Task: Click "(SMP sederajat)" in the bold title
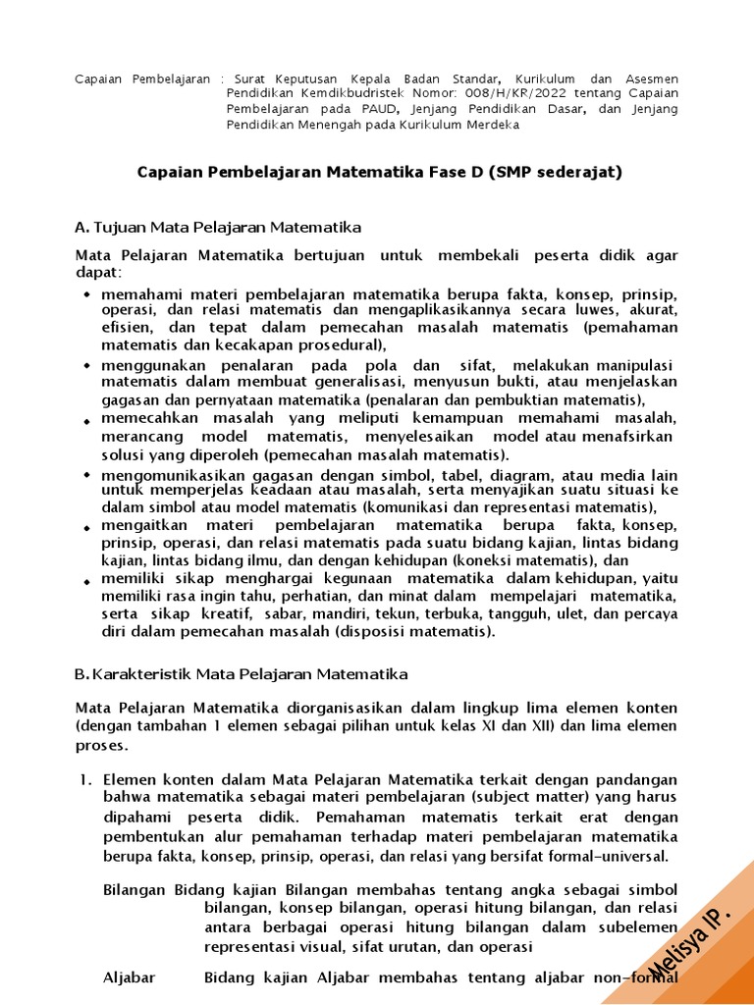point(560,172)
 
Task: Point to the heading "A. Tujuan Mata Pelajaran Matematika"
point(218,228)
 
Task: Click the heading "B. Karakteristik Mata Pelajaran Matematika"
point(242,674)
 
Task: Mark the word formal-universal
point(611,856)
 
